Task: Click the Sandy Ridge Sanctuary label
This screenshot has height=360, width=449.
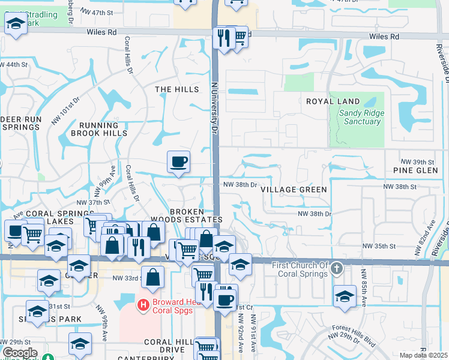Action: click(x=360, y=117)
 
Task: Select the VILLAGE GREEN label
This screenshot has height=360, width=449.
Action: click(x=294, y=190)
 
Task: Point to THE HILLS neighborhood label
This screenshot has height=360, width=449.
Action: click(x=177, y=89)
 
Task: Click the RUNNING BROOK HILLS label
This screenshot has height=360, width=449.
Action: click(x=107, y=129)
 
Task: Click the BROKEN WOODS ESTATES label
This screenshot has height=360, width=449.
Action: click(x=196, y=216)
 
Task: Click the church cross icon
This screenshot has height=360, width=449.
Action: click(x=337, y=269)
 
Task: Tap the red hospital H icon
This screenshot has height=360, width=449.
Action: click(x=143, y=305)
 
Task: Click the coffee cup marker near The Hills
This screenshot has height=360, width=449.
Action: click(x=178, y=161)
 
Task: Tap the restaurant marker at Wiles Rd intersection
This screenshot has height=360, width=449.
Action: click(x=224, y=38)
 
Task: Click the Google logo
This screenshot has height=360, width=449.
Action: click(x=20, y=353)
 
